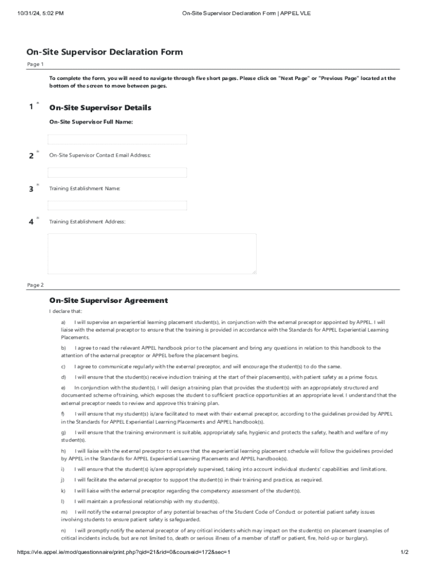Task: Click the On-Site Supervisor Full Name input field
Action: pos(117,139)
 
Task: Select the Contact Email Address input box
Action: pos(117,173)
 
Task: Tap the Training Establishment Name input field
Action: pos(117,205)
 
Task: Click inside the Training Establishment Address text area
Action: pos(152,253)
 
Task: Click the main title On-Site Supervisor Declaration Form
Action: pos(104,52)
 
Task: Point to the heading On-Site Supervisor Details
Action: pos(100,108)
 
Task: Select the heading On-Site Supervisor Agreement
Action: pos(108,301)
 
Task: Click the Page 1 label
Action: pos(35,65)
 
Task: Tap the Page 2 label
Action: pos(35,285)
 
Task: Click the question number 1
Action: pos(31,107)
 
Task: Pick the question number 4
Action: pos(31,222)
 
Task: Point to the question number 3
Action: pos(31,189)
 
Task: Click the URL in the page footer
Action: pos(124,552)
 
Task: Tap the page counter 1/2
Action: pos(403,552)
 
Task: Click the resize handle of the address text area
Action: pos(254,271)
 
